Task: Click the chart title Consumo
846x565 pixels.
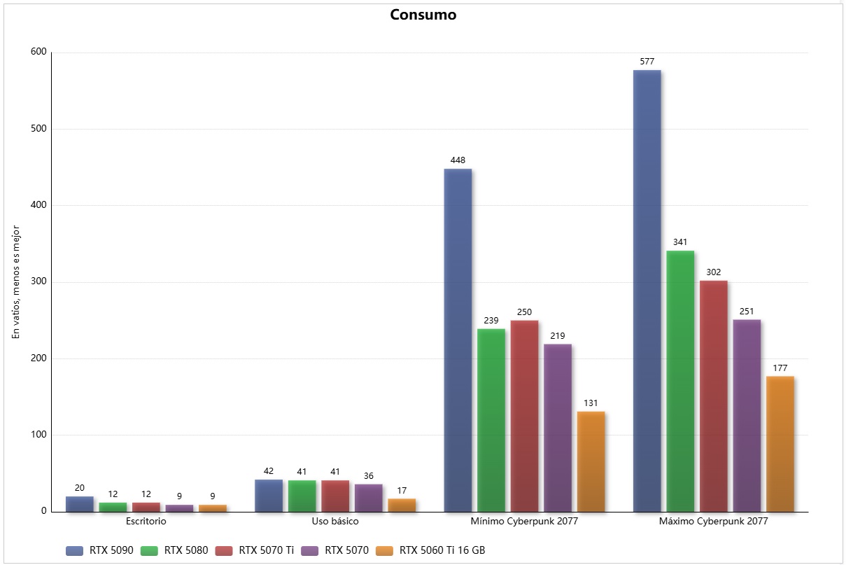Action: tap(423, 15)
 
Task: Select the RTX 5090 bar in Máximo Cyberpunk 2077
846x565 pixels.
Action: tap(647, 291)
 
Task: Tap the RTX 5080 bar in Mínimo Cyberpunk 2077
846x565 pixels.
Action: tap(491, 420)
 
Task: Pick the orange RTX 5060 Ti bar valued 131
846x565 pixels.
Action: tap(591, 461)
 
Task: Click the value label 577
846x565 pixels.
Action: tap(647, 62)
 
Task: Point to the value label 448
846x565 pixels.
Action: tap(458, 160)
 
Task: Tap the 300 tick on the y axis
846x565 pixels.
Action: tap(38, 282)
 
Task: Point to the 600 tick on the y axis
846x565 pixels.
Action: tap(38, 53)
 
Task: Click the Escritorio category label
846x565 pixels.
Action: tap(146, 522)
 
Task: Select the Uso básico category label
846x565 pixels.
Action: tap(335, 522)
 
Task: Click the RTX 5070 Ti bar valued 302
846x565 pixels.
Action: tap(714, 396)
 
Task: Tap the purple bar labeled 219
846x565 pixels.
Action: tap(558, 427)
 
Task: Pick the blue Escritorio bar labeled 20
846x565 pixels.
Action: tap(80, 504)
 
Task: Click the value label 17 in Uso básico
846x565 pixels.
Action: tap(402, 491)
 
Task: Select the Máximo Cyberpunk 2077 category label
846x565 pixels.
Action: tap(714, 522)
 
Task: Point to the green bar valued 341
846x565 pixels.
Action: tap(680, 381)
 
